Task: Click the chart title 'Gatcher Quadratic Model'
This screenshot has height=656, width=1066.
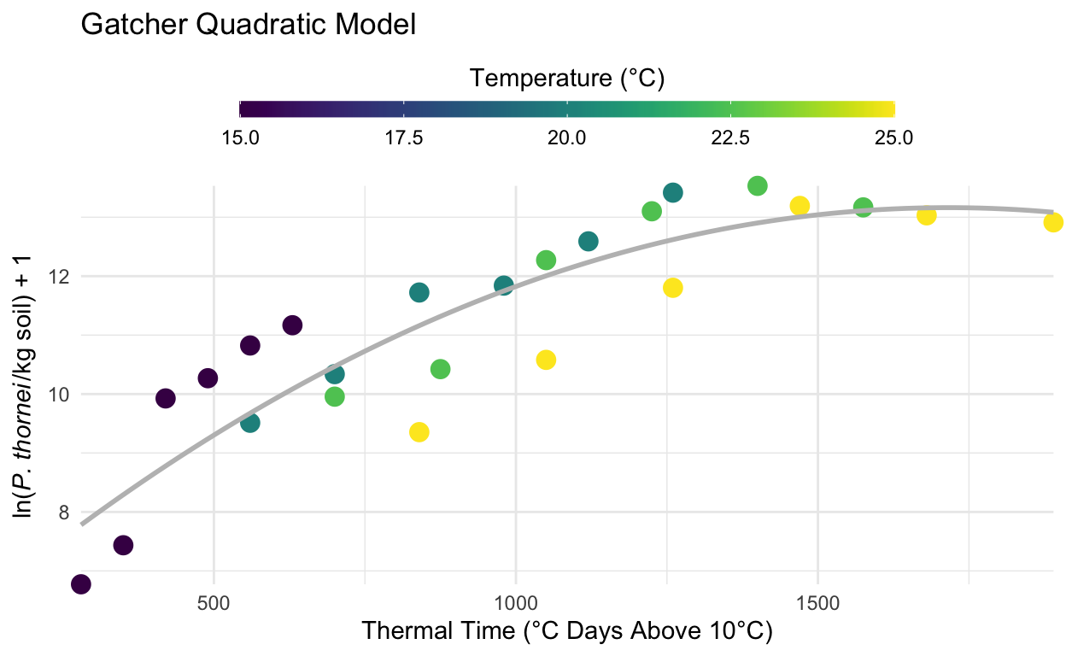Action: click(x=248, y=25)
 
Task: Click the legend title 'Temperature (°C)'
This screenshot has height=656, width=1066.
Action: click(x=567, y=79)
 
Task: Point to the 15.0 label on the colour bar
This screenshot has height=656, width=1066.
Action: click(x=240, y=137)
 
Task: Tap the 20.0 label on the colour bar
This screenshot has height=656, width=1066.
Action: click(x=567, y=137)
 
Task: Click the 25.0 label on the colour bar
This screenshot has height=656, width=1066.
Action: click(x=894, y=137)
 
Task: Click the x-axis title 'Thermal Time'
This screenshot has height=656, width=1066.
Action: click(x=567, y=632)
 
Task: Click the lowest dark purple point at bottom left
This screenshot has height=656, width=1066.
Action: click(x=81, y=584)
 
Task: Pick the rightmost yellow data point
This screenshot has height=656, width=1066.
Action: click(x=1053, y=222)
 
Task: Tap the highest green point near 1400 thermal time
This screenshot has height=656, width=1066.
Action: click(x=757, y=185)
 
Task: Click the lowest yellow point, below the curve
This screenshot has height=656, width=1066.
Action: click(x=419, y=432)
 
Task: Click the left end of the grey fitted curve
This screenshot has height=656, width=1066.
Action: click(x=82, y=523)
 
